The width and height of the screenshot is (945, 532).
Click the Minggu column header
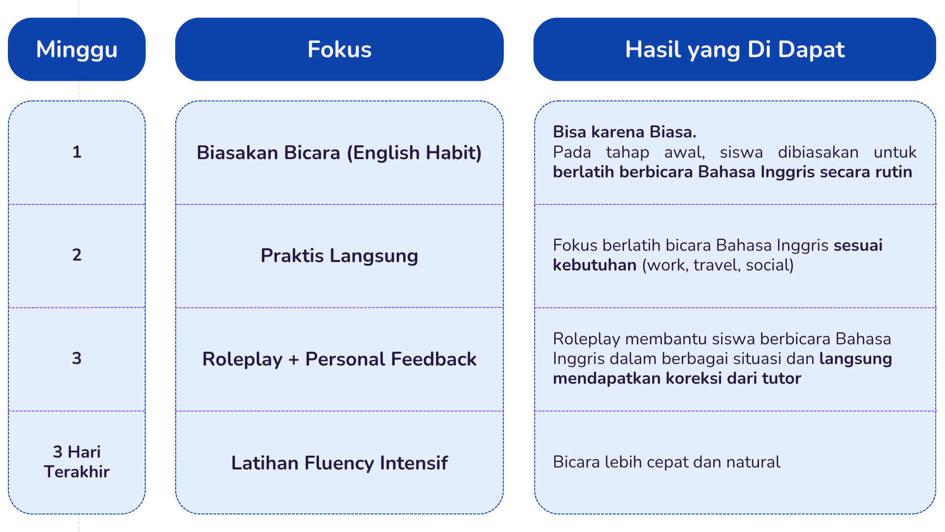click(77, 49)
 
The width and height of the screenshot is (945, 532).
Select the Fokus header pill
click(339, 49)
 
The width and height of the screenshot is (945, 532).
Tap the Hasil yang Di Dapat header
click(734, 49)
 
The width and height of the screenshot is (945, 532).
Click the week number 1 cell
click(77, 152)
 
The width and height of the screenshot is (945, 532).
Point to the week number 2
click(77, 255)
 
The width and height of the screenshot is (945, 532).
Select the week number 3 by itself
click(77, 358)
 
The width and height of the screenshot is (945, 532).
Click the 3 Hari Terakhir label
click(77, 462)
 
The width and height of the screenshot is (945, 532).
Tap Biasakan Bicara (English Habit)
click(339, 153)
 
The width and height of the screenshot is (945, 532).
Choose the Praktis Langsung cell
click(339, 256)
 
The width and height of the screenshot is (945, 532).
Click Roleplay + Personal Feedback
click(339, 359)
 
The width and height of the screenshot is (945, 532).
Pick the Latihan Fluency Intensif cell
click(339, 463)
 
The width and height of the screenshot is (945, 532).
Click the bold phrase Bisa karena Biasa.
click(625, 132)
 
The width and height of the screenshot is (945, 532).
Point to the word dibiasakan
click(818, 152)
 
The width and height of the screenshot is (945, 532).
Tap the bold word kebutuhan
click(595, 265)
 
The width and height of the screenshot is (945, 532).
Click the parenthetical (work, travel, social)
click(718, 266)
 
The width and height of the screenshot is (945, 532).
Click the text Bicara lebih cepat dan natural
click(666, 462)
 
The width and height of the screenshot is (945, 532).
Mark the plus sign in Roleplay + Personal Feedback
click(294, 360)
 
